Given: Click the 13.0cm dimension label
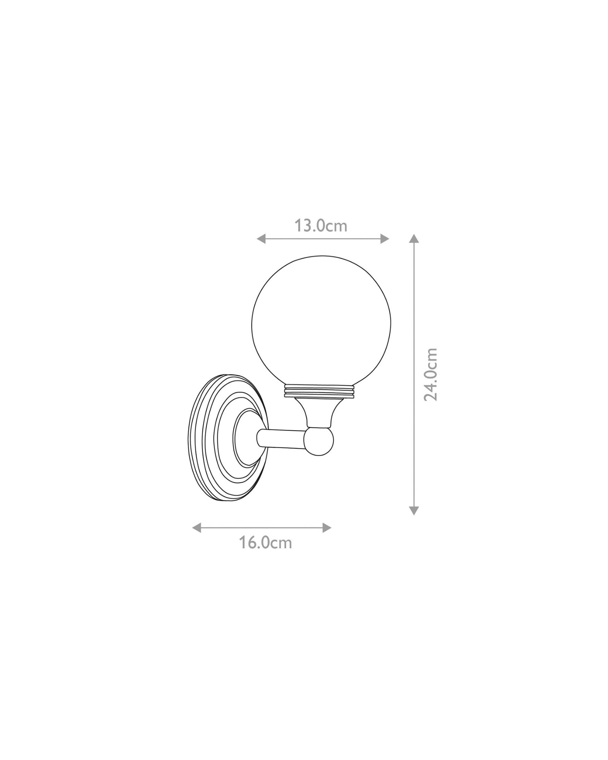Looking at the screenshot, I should point(321,226).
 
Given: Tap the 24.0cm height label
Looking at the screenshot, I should point(431,374).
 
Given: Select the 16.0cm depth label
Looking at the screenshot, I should point(265,543).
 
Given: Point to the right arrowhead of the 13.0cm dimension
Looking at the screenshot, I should point(385,239).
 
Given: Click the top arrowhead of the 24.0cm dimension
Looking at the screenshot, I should point(414,239).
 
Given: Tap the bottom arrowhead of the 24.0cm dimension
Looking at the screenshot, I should point(414,510).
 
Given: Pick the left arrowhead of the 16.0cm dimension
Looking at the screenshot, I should point(197,527).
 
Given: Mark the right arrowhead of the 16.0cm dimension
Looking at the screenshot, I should point(327,527).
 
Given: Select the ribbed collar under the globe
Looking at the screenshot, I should point(320,392).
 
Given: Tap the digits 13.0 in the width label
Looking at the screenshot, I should point(310,226).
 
